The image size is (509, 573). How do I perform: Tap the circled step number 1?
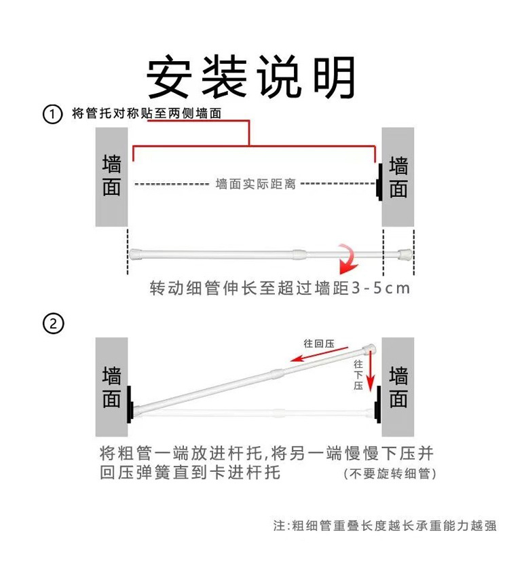pos(53,113)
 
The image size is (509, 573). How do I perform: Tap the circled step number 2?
pos(53,324)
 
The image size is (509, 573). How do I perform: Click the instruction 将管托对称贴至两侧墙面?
pos(147,113)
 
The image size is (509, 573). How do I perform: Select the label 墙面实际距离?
pos(255,184)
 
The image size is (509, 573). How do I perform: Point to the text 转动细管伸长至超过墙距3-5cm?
pos(280,288)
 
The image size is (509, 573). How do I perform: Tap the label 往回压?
pos(320,344)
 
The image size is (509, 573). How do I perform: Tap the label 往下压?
pos(358,375)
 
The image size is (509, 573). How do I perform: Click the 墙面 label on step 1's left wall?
pos(112,176)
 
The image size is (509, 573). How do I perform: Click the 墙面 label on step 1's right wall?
pos(398,176)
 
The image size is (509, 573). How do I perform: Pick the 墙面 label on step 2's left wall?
pos(112,387)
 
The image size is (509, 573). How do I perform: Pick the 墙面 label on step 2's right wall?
pos(398,387)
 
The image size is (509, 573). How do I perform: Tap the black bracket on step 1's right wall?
pos(379,183)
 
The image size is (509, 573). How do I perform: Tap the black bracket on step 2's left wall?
pos(129,404)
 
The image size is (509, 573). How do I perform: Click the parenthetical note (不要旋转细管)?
pos(390,473)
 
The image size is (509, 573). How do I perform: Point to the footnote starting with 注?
pos(385,525)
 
